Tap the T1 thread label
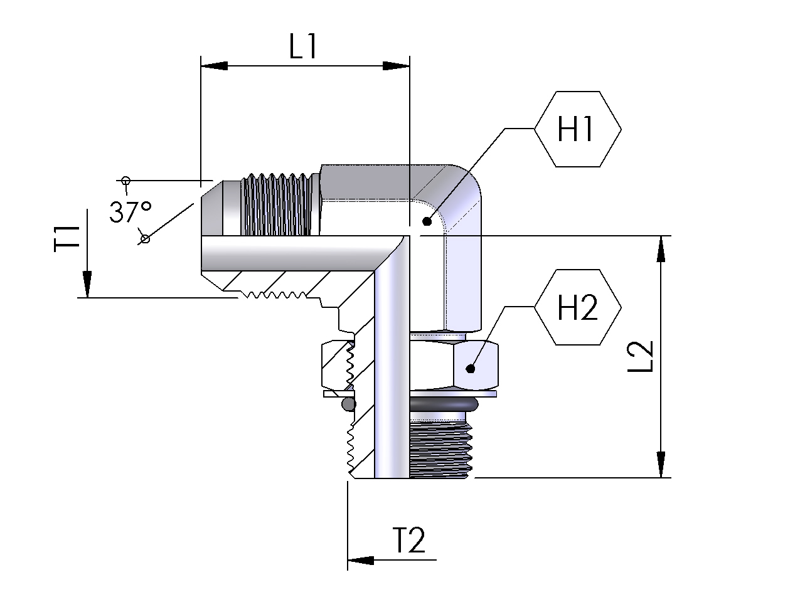67,239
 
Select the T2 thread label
408,540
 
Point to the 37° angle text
130,211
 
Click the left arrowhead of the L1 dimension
213,66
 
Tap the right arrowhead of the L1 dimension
397,66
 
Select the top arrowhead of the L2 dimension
661,249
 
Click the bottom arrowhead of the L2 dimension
661,465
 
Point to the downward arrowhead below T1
87,284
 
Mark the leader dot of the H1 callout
427,221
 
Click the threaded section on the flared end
276,204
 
